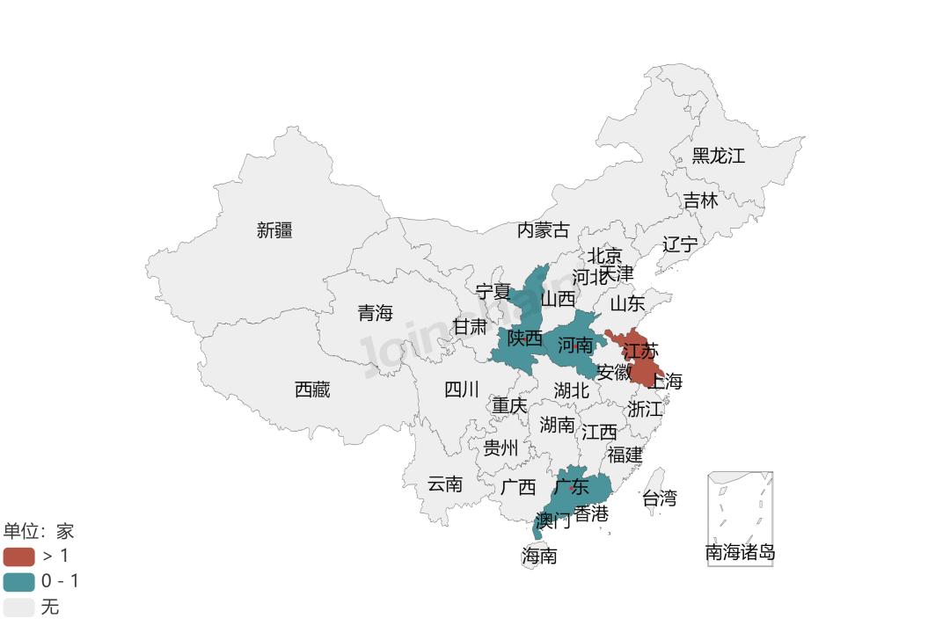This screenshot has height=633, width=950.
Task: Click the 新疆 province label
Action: [x=274, y=230]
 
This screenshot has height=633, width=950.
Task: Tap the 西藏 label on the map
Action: [x=312, y=389]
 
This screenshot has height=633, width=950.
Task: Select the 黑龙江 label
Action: [x=718, y=156]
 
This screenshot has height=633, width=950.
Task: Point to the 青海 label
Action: [x=375, y=313]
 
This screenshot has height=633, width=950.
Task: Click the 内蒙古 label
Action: [x=543, y=230]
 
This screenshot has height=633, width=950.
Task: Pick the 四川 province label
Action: [x=461, y=389]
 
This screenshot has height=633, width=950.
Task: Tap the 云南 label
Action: [x=445, y=484]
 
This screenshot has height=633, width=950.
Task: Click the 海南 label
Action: [x=539, y=556]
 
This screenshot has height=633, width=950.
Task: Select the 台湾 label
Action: [x=660, y=498]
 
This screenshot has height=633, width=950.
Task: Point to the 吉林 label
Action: [x=701, y=200]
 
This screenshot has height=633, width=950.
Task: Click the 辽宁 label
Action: [x=679, y=244]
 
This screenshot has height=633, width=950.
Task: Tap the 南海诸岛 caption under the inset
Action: [x=741, y=553]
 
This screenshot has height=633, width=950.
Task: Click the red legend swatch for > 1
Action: [x=18, y=556]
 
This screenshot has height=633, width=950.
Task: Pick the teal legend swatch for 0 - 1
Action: [x=18, y=581]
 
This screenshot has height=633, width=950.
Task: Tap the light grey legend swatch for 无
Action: [x=18, y=607]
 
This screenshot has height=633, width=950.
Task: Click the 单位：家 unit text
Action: [x=39, y=531]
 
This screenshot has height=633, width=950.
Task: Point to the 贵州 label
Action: [x=501, y=448]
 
